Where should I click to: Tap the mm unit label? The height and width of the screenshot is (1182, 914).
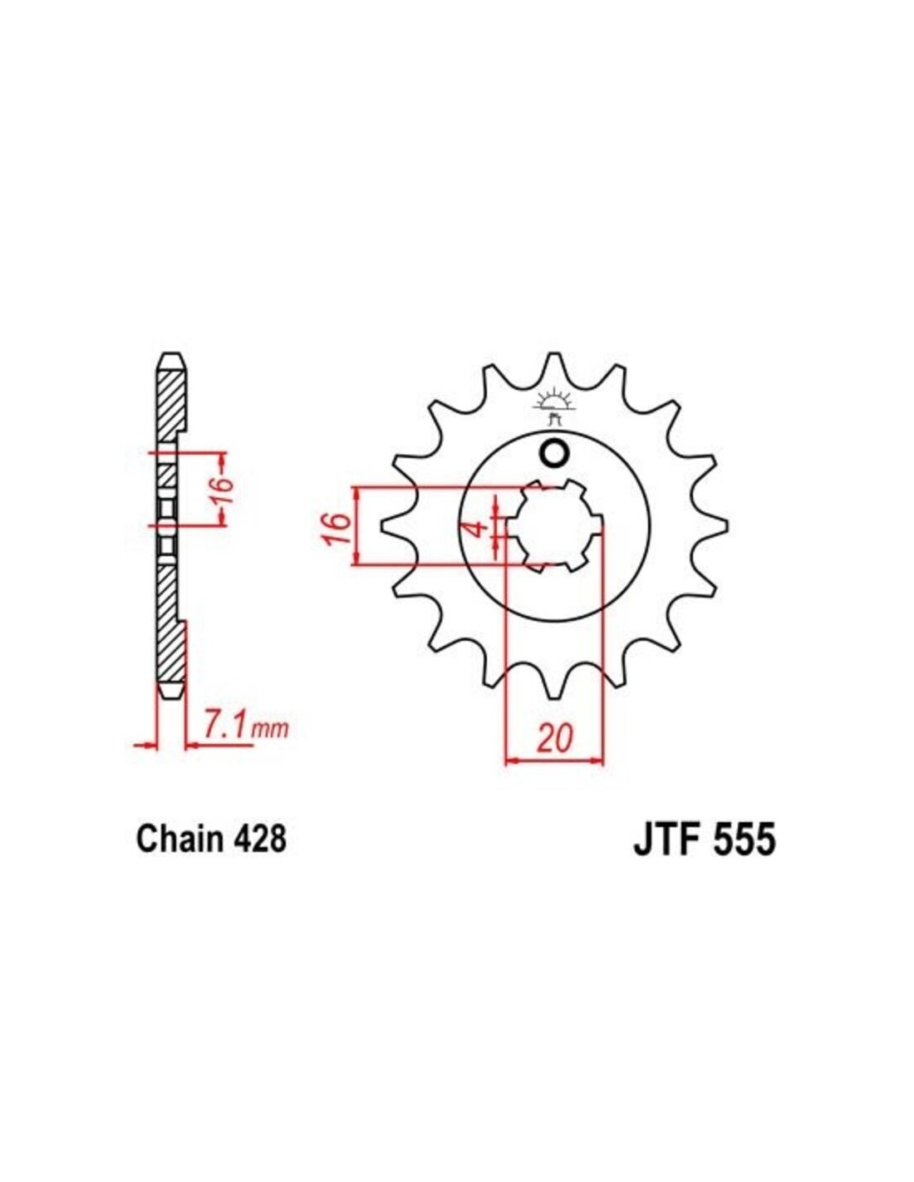(268, 730)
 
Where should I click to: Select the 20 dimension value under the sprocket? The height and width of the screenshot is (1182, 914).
(556, 737)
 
